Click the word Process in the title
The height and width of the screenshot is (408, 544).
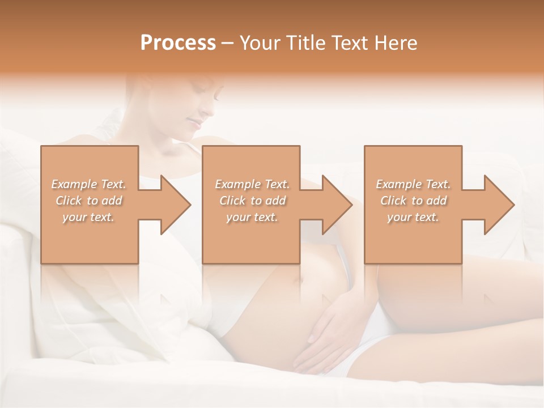tap(178, 43)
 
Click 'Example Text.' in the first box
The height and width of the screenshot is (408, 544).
tap(88, 184)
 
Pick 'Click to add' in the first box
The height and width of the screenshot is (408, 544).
tap(88, 201)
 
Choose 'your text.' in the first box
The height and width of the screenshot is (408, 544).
tap(88, 217)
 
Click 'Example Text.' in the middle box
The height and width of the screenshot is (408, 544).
tap(252, 184)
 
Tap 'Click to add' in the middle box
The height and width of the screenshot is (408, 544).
tap(252, 201)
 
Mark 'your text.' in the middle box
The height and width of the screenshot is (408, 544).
tap(252, 217)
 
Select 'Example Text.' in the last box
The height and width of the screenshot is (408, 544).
tap(413, 184)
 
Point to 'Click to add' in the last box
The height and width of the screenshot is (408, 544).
tap(413, 201)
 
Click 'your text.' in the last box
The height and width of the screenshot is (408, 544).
tap(413, 217)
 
